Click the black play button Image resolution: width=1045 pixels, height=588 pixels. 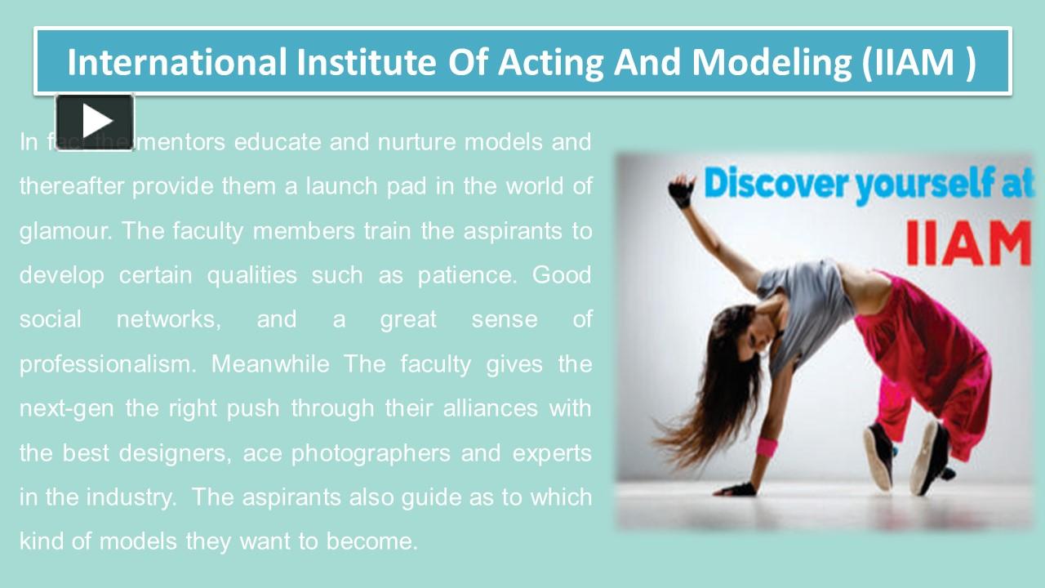tap(95, 122)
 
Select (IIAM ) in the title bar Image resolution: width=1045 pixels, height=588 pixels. tap(918, 62)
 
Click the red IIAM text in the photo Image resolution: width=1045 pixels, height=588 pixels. tap(968, 245)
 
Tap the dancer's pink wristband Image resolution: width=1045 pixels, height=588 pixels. tap(767, 447)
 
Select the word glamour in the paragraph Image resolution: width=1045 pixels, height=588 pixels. tap(65, 231)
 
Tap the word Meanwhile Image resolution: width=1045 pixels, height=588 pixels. tap(270, 363)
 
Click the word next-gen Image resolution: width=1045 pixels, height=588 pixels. tap(66, 408)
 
